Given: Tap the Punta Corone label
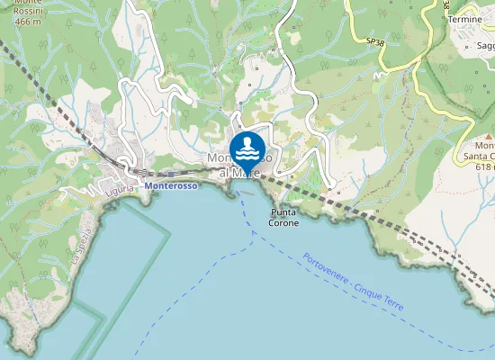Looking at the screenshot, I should [284, 217].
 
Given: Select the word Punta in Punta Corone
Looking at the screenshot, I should [284, 212].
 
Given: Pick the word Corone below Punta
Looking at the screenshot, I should [284, 222].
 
